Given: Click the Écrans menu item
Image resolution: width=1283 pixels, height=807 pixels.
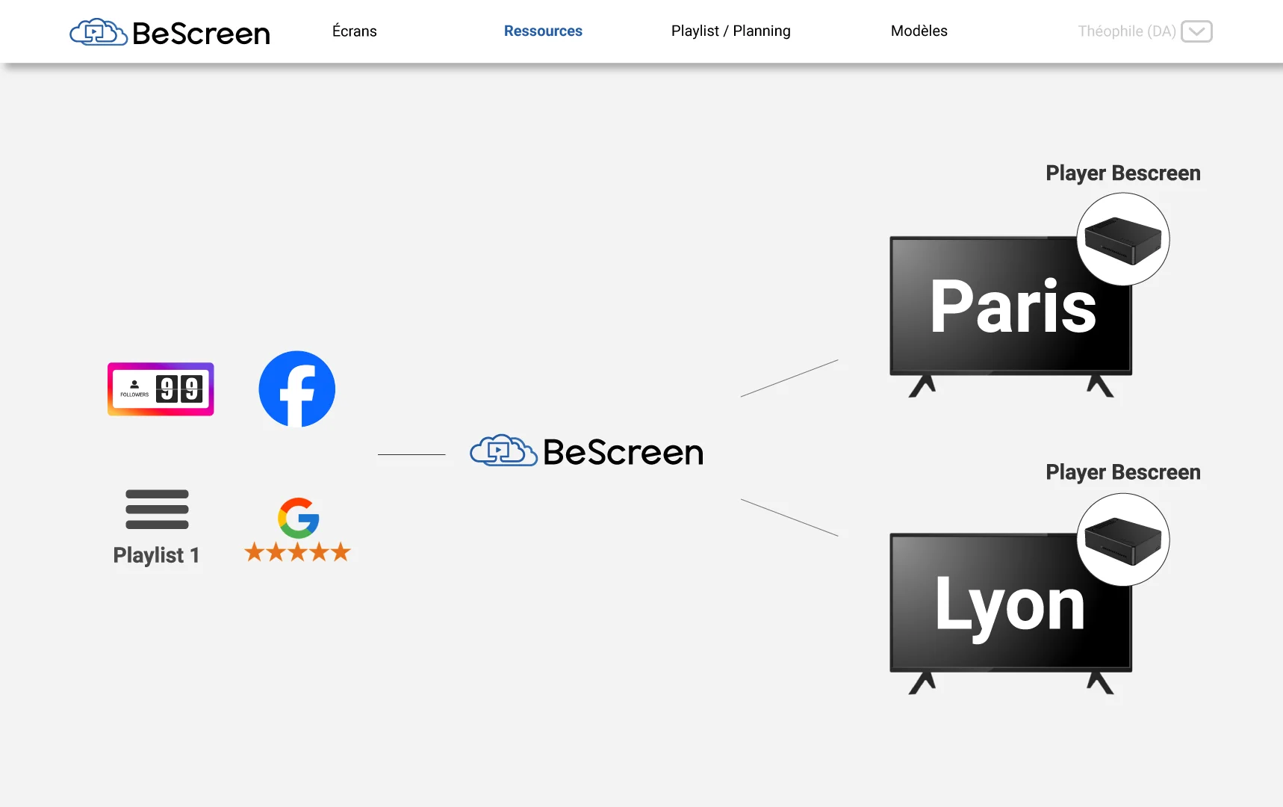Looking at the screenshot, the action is pos(355,31).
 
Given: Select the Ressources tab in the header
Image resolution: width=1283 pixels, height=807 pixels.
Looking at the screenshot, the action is pos(543,31).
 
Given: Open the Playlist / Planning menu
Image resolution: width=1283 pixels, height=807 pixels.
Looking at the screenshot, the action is pos(730,31).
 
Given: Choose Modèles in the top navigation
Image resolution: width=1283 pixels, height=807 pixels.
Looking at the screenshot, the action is pos(919,31).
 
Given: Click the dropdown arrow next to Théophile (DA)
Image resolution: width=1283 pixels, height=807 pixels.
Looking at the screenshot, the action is pos(1196,31).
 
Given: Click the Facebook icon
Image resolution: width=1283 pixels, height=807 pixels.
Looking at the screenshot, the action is pos(297,389).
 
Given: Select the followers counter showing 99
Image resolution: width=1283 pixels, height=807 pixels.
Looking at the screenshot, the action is pos(161,389).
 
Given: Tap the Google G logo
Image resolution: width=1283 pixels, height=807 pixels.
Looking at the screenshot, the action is pos(299,518).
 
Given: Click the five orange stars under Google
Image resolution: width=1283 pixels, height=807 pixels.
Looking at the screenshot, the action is pos(297,552).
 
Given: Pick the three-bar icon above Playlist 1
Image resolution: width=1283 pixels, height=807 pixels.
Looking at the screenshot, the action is pos(157,509).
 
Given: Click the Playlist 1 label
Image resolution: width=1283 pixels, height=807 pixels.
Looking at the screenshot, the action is pos(156,555).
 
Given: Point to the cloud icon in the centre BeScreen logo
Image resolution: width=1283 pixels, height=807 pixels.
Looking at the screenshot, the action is pos(503,451).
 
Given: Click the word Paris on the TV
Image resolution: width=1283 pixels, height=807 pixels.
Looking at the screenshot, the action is pos(1013,307).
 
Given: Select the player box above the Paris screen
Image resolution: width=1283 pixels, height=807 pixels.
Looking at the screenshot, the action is pos(1122,240).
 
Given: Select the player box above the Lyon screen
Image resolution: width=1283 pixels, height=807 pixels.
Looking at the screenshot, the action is pos(1122,540).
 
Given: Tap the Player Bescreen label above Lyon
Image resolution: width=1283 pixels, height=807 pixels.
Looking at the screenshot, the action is pos(1122,472).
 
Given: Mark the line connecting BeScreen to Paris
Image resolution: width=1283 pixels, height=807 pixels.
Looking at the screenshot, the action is pos(789,378).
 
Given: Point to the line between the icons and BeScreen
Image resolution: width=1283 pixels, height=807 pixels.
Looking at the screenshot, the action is pos(411,454).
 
